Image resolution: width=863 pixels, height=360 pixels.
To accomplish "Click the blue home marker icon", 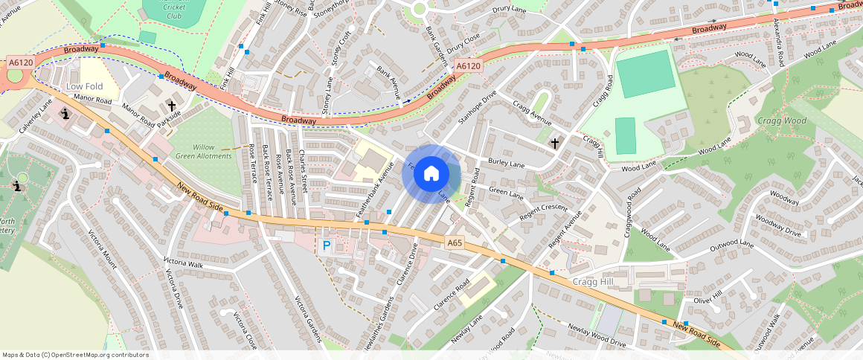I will click(x=431, y=174).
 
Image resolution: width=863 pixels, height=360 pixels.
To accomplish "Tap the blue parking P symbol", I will click(x=325, y=245).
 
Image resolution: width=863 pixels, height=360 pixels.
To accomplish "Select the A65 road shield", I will click(x=455, y=243).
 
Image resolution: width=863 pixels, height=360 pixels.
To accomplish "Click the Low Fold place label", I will click(x=85, y=86).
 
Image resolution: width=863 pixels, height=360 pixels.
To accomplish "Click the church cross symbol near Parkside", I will click(x=172, y=106).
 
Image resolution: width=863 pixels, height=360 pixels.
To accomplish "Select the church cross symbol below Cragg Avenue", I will click(x=554, y=142).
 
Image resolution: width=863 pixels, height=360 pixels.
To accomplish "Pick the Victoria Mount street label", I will click(x=103, y=249).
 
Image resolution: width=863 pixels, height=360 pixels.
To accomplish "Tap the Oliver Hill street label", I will click(x=708, y=300).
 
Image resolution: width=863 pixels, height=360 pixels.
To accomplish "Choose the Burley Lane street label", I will click(x=506, y=163).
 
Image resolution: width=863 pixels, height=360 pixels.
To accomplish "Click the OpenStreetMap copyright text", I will click(x=75, y=355).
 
